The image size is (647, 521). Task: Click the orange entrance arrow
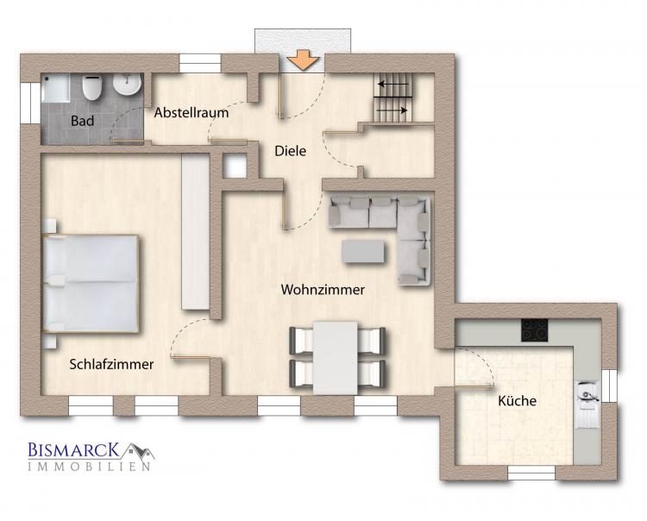304,60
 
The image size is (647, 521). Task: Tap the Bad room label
82,121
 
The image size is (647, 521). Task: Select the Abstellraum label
192,113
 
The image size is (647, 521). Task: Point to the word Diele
291,151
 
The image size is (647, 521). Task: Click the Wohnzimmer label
323,290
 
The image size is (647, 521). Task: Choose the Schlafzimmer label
111,364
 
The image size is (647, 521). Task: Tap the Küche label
517,400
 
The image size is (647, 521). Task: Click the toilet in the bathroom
91,87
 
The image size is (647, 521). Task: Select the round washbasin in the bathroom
127,84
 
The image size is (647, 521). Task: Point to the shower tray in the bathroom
55,88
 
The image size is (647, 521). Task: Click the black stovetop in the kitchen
535,330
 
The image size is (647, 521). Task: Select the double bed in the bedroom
91,284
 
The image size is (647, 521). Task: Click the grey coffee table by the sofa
362,252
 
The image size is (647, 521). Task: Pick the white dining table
335,358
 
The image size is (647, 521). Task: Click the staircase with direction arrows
393,97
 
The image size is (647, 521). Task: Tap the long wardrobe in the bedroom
196,231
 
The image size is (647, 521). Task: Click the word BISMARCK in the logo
74,450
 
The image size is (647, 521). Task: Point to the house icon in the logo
138,452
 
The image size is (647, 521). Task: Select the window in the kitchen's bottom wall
531,473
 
